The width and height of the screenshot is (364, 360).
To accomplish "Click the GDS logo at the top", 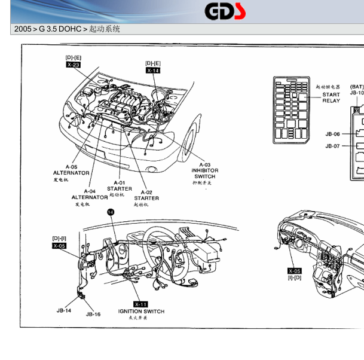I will pyautogui.click(x=225, y=11).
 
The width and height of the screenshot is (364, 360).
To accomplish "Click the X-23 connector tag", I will pyautogui.click(x=73, y=65).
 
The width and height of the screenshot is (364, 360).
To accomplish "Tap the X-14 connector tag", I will pyautogui.click(x=153, y=71).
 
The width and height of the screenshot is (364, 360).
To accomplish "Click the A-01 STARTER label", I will pyautogui.click(x=120, y=185).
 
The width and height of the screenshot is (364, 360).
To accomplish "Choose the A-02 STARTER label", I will pyautogui.click(x=146, y=195).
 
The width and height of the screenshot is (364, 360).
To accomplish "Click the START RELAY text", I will pyautogui.click(x=331, y=97).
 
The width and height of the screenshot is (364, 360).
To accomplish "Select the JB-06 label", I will pyautogui.click(x=332, y=134).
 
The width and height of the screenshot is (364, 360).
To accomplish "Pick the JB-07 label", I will pyautogui.click(x=332, y=146).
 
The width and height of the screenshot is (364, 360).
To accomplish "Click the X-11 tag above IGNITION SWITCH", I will pyautogui.click(x=141, y=304).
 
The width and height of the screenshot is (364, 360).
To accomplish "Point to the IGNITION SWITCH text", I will pyautogui.click(x=141, y=311).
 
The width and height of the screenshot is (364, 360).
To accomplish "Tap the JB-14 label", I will pyautogui.click(x=64, y=310).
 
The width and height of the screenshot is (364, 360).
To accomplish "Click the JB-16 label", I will pyautogui.click(x=93, y=314).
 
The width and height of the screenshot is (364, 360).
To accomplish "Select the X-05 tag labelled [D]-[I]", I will pyautogui.click(x=59, y=245).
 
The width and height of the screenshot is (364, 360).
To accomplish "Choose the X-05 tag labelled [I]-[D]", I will pyautogui.click(x=294, y=271).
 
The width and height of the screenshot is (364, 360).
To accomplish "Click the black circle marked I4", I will pyautogui.click(x=111, y=212).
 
